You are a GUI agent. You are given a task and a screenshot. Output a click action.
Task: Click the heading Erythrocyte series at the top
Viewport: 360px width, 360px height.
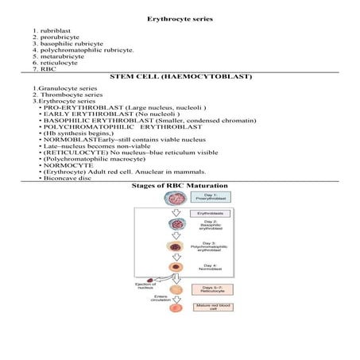point(179,17)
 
